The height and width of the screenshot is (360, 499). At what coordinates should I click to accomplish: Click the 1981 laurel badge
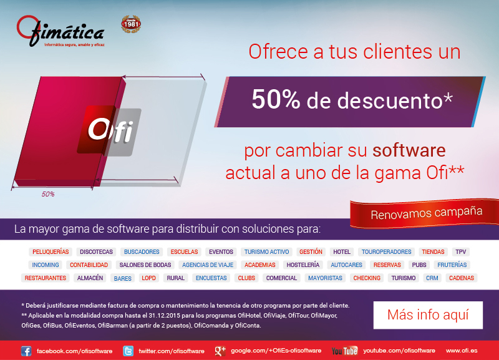pos(131,24)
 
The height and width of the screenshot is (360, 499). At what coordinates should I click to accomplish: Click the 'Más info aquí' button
pos(428,315)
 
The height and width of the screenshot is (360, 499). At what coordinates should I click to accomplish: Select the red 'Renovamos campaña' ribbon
pos(425,213)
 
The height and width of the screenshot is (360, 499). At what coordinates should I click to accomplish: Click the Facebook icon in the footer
pos(26,351)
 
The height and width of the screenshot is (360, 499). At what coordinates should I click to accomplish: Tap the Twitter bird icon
pos(128,351)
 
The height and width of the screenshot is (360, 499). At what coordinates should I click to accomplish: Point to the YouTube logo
pos(344,351)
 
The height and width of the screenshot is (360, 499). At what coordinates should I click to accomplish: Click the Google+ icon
pos(220,351)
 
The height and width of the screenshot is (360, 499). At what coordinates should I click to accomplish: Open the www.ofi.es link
pos(462,351)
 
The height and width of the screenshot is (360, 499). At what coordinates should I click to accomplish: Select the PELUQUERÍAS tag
pos(51,252)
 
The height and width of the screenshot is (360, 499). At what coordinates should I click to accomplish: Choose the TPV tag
pos(460,252)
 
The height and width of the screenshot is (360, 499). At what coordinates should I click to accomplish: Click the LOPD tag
pos(148,278)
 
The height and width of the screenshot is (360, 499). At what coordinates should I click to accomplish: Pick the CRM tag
pos(432,278)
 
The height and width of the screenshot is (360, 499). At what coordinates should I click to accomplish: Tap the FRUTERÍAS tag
pos(452,265)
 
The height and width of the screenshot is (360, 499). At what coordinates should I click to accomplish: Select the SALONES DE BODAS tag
pos(145,265)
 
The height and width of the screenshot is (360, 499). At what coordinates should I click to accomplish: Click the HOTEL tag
pos(342,252)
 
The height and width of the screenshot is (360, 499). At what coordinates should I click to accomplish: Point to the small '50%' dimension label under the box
pos(48,194)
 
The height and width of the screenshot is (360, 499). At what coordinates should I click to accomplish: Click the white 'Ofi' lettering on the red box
pos(110,130)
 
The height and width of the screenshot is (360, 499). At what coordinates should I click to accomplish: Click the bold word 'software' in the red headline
pos(409,150)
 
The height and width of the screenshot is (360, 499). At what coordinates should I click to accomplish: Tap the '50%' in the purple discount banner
pos(276,99)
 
